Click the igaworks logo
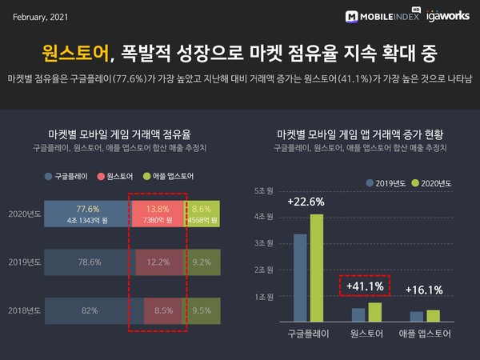coord(444,15)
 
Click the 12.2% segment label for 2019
coord(158,262)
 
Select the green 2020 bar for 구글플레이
coord(316,267)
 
